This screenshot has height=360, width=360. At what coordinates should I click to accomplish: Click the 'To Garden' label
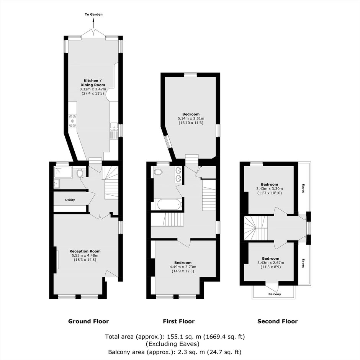coord(94,14)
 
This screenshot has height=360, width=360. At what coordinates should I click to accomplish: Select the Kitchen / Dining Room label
coord(93,83)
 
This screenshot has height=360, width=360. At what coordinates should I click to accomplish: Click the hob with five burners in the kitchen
coord(73,121)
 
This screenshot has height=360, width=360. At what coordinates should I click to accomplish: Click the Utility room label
coord(70,200)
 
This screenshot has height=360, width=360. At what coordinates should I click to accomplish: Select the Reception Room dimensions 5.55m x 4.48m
coord(85,255)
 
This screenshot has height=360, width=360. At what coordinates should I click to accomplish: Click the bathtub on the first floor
coord(169,204)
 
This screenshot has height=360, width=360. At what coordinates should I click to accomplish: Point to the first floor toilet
coord(158,172)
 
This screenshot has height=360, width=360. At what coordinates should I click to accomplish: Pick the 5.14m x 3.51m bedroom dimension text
coord(191,118)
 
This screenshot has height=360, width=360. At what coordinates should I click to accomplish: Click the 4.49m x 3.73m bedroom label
coord(183,267)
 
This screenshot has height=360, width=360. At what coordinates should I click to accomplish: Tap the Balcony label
coord(275,294)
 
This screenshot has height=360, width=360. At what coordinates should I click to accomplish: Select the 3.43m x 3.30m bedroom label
coord(270,188)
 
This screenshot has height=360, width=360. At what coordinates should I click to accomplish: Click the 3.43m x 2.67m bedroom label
coord(271,262)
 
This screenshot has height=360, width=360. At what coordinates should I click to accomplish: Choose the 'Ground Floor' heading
coord(88,321)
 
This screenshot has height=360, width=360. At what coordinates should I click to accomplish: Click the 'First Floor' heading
coord(179,321)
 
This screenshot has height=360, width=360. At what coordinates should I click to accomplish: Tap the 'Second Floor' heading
coord(277,321)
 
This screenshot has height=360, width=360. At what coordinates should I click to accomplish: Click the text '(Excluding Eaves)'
coord(173,344)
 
